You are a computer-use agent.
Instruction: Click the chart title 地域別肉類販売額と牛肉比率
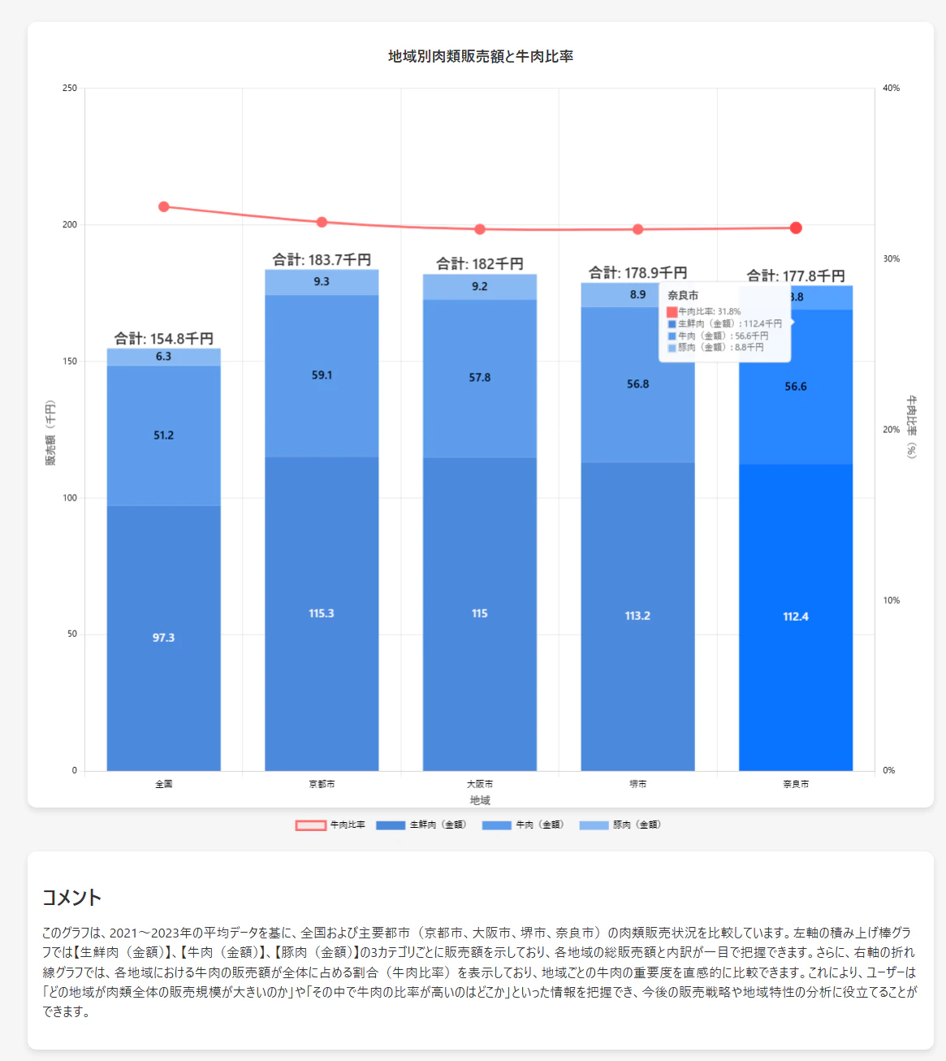pyautogui.click(x=481, y=56)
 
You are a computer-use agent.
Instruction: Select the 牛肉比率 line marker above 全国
pyautogui.click(x=164, y=206)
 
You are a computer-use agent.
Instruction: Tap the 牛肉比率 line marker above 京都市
pyautogui.click(x=322, y=222)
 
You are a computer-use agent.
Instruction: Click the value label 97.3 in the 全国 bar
pyautogui.click(x=163, y=638)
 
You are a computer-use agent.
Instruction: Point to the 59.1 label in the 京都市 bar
pyautogui.click(x=322, y=375)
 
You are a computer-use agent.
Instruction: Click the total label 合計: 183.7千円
pyautogui.click(x=322, y=259)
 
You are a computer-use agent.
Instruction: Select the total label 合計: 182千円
pyautogui.click(x=480, y=263)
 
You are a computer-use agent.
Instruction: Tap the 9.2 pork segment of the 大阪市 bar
pyautogui.click(x=480, y=287)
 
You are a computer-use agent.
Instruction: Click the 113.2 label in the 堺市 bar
pyautogui.click(x=637, y=616)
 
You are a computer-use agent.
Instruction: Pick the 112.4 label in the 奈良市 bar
pyautogui.click(x=796, y=617)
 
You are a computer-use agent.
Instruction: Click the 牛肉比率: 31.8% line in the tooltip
pyautogui.click(x=709, y=311)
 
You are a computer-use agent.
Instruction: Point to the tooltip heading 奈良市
pyautogui.click(x=683, y=296)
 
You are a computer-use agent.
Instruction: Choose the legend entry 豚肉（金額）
pyautogui.click(x=621, y=825)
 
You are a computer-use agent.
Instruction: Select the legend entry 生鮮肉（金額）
pyautogui.click(x=422, y=825)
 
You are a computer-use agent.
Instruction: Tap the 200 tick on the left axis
pyautogui.click(x=70, y=225)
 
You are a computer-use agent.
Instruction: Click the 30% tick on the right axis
pyautogui.click(x=892, y=259)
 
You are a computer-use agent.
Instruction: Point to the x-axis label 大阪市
pyautogui.click(x=480, y=784)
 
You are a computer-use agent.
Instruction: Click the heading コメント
pyautogui.click(x=72, y=898)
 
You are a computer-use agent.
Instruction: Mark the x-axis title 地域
pyautogui.click(x=480, y=800)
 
